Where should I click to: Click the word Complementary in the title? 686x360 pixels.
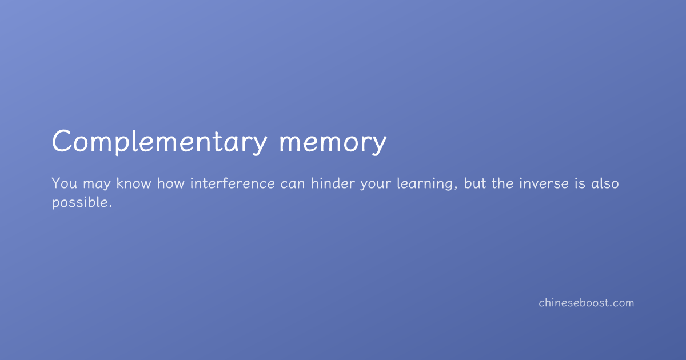(159, 142)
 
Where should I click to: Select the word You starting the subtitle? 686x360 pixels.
(64, 183)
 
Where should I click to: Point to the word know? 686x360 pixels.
(134, 183)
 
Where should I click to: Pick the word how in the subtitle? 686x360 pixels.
(170, 183)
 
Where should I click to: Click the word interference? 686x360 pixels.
(233, 183)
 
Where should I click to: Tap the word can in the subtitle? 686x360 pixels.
(293, 185)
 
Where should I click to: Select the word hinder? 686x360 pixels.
(333, 183)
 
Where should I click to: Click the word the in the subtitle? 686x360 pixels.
(502, 183)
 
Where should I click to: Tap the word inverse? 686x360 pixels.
(544, 183)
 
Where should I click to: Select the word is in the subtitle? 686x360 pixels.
(580, 183)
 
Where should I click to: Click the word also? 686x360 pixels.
(605, 183)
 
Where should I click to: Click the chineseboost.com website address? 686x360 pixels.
(587, 303)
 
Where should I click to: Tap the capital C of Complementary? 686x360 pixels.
(62, 141)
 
